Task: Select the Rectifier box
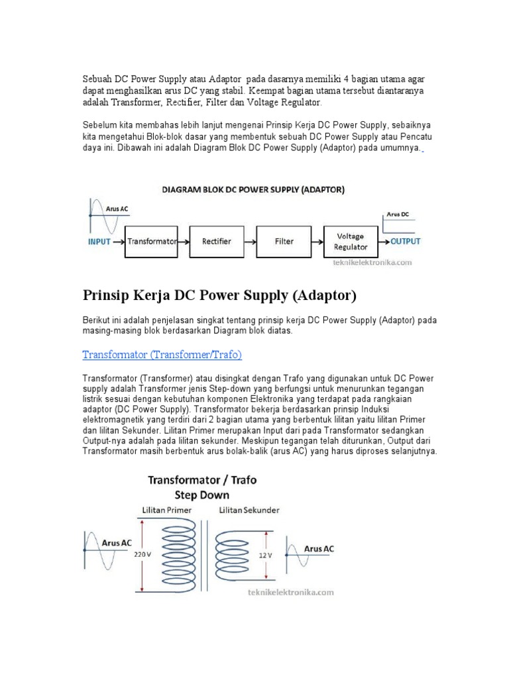[217, 242]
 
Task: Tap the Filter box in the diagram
[284, 242]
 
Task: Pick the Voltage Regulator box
[351, 242]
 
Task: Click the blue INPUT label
[99, 242]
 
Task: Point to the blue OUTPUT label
[405, 242]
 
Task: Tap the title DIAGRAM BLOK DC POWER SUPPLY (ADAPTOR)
[253, 189]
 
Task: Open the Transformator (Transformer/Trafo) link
[162, 355]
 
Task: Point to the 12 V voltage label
[265, 555]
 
